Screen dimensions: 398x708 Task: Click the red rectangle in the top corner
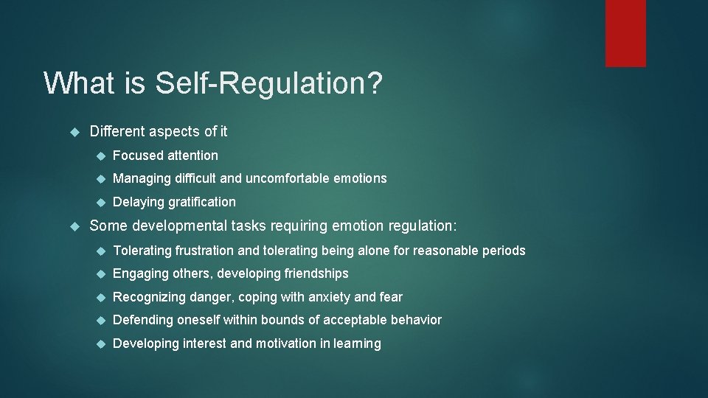(625, 33)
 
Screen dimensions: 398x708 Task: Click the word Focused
(138, 156)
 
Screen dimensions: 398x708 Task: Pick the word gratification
(201, 202)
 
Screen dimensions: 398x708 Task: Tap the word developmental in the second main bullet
(177, 226)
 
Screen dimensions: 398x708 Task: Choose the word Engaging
(140, 273)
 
